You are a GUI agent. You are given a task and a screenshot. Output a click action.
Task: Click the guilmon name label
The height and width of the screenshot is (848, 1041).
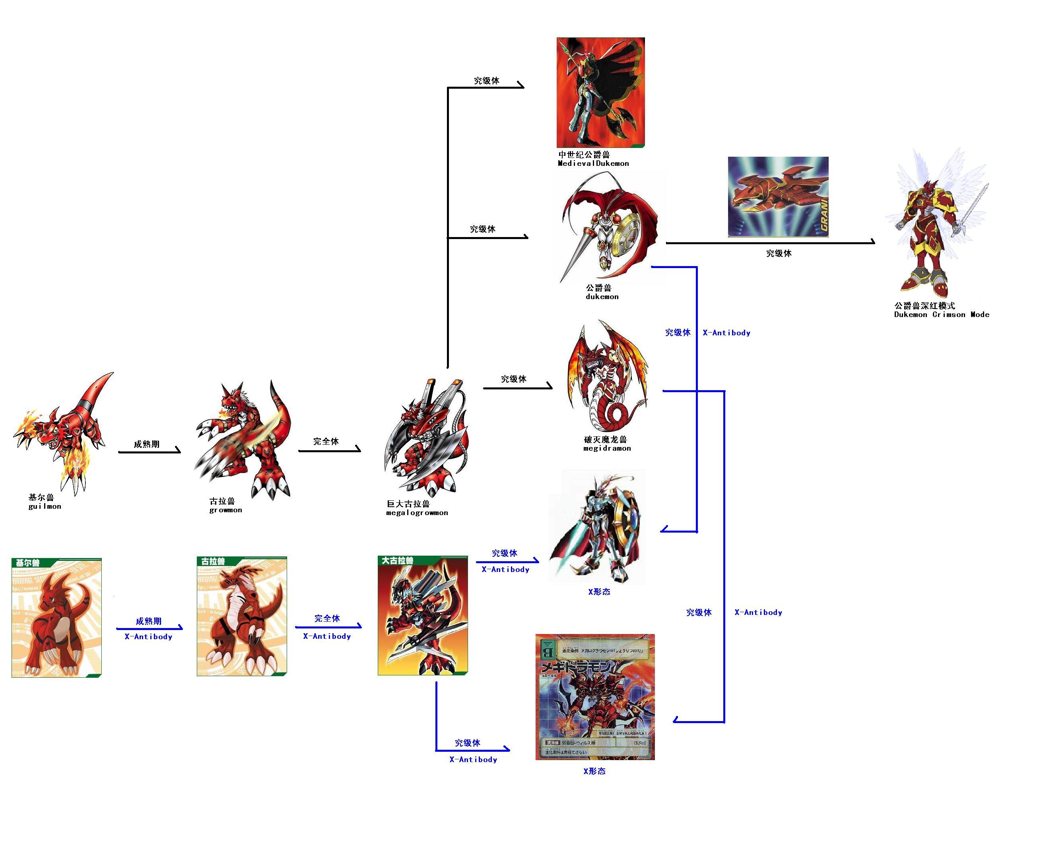click(x=45, y=502)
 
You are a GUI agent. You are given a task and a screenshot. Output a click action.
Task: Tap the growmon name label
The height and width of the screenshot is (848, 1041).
click(x=225, y=505)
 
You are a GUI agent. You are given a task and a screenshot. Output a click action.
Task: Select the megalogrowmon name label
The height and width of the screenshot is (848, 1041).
click(x=416, y=508)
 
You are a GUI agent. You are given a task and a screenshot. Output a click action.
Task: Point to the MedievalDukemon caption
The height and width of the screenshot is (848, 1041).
click(x=593, y=159)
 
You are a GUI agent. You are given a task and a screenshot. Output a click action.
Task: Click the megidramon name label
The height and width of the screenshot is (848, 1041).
click(x=606, y=443)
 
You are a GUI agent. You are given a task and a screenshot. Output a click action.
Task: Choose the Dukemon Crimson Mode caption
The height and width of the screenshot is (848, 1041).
click(x=941, y=310)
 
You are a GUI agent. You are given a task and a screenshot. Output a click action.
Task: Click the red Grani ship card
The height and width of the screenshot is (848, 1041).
click(x=778, y=196)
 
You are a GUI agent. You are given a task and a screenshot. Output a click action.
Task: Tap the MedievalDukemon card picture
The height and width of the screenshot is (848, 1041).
click(x=600, y=92)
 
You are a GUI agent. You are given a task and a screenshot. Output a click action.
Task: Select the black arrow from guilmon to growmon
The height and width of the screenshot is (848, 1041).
click(x=149, y=452)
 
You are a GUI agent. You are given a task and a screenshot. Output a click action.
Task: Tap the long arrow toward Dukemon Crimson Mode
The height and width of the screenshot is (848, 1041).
click(x=769, y=242)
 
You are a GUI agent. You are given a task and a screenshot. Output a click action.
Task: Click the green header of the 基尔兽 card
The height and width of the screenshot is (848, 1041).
click(x=56, y=563)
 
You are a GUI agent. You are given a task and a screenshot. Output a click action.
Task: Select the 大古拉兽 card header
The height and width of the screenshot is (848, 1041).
click(x=422, y=561)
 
